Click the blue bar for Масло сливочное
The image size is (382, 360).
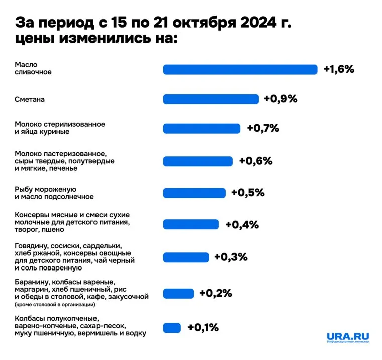click(240, 69)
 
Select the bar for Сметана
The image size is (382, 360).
click(211, 99)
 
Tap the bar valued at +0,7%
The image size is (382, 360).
click(202, 128)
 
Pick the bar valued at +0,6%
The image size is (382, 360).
click(198, 161)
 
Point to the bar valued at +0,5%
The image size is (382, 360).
click(195, 193)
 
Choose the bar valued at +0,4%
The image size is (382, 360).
click(191, 224)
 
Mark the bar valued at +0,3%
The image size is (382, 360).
click(186, 257)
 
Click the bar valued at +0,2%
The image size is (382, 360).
click(178, 293)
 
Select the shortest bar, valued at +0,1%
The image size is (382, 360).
click(172, 328)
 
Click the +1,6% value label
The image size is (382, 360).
click(339, 69)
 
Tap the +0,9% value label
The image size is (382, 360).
click(280, 99)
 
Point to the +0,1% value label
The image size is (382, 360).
click(203, 328)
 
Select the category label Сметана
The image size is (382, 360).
click(30, 99)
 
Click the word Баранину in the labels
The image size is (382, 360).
click(32, 281)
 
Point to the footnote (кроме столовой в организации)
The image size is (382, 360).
click(54, 304)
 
